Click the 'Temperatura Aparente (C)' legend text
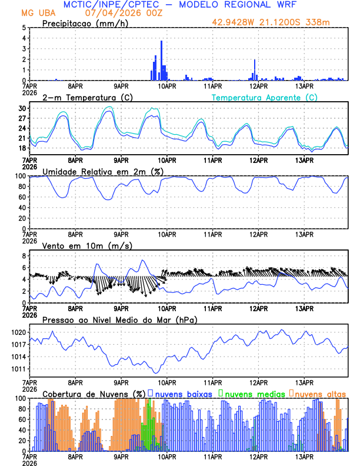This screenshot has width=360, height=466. [x=265, y=97]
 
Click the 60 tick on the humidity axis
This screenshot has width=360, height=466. [x=22, y=197]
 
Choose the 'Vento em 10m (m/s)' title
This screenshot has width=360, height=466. [x=79, y=245]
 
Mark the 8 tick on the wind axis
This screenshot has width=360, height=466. [x=24, y=256]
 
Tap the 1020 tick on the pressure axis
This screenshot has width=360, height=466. [x=18, y=332]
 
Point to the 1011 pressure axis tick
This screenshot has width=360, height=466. [x=18, y=369]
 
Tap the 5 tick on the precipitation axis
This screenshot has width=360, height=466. [x=24, y=28]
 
